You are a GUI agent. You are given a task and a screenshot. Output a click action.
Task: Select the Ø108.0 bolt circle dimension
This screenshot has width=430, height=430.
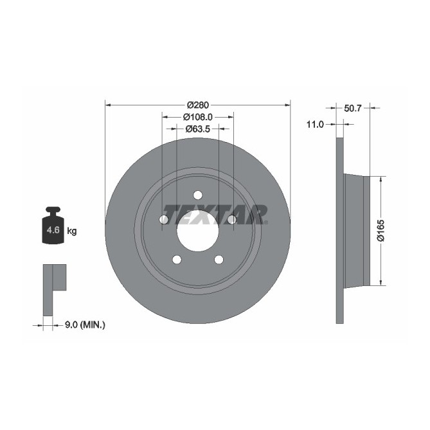[x=197, y=117]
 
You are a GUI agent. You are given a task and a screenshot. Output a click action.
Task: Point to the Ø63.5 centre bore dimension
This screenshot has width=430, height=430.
[x=197, y=129]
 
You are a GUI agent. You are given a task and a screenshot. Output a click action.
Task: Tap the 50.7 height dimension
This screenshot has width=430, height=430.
[x=353, y=109]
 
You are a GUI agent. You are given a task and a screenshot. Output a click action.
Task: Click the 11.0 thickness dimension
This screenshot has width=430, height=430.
[x=315, y=125]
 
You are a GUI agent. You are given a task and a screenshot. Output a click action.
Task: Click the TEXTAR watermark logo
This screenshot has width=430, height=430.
[x=215, y=212]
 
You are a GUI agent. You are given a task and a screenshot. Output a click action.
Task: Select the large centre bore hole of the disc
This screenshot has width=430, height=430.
[x=197, y=231]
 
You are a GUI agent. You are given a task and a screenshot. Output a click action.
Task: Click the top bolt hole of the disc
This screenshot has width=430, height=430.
[x=197, y=195]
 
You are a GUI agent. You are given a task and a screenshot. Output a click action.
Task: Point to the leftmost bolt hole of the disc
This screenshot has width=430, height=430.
[x=164, y=220]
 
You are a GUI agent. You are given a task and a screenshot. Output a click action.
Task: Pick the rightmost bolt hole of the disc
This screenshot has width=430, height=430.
[x=231, y=220]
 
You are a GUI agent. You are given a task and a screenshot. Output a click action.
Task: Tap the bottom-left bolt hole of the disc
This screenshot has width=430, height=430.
[x=177, y=259]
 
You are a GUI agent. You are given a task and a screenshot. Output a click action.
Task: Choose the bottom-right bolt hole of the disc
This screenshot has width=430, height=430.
[x=219, y=259]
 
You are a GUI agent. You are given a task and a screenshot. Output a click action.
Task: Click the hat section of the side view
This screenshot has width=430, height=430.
[x=357, y=230]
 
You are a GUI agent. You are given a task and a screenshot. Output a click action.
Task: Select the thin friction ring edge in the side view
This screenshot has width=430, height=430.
[x=341, y=230]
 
